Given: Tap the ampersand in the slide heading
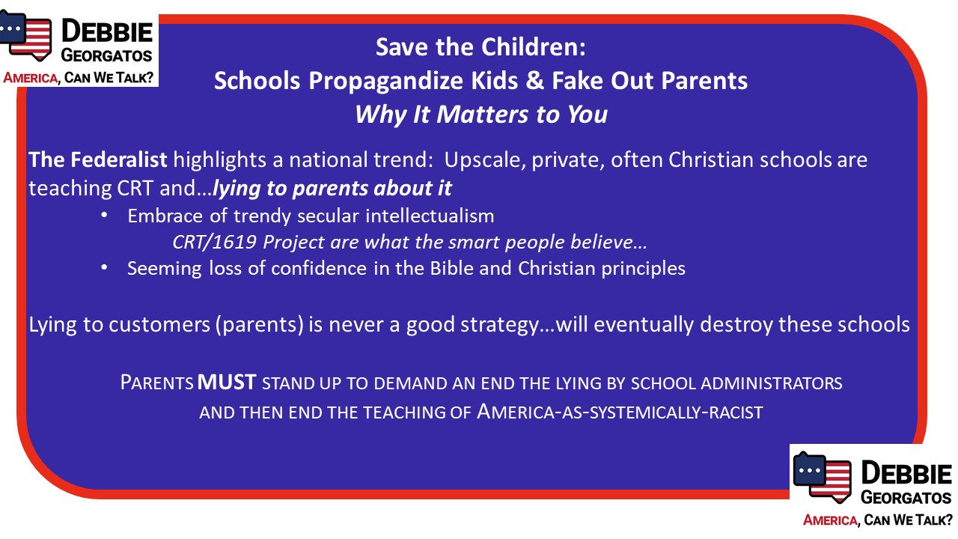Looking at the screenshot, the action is (534, 81).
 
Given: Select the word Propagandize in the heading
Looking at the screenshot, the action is (385, 82).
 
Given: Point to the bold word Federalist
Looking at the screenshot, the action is (119, 159).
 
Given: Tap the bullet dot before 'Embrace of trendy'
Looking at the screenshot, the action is (104, 215).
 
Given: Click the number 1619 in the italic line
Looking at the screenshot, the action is (234, 242).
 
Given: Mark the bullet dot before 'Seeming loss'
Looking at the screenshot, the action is (104, 268).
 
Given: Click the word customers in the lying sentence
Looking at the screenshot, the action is (159, 325).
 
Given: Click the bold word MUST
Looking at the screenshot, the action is (227, 382).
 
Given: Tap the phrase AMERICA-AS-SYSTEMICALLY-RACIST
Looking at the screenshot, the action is (620, 412).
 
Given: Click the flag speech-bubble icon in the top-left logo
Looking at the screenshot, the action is (25, 35).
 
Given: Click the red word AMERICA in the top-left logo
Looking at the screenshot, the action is (31, 78).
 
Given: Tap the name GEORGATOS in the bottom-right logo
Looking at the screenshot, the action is (906, 498).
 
